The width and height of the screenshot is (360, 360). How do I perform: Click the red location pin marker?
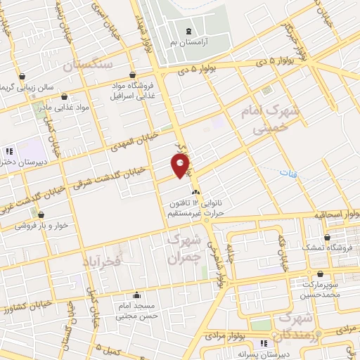coord(181,166)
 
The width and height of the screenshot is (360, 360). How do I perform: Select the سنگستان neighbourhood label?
coord(89,65)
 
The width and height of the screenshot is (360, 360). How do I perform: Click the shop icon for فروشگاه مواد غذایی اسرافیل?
coord(133,75)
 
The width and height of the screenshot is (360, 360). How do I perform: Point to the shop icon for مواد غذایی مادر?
coord(65,98)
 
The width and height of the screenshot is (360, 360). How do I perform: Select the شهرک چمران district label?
coord(185,247)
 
